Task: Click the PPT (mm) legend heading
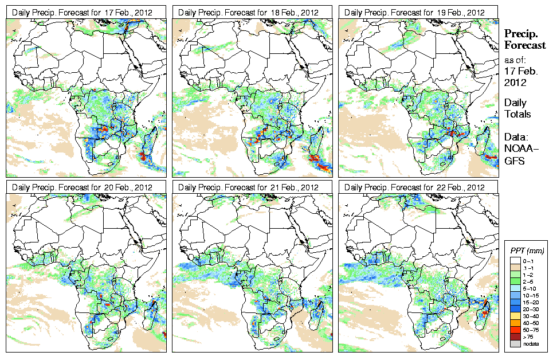pyautogui.click(x=527, y=251)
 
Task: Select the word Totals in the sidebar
pyautogui.click(x=517, y=114)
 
